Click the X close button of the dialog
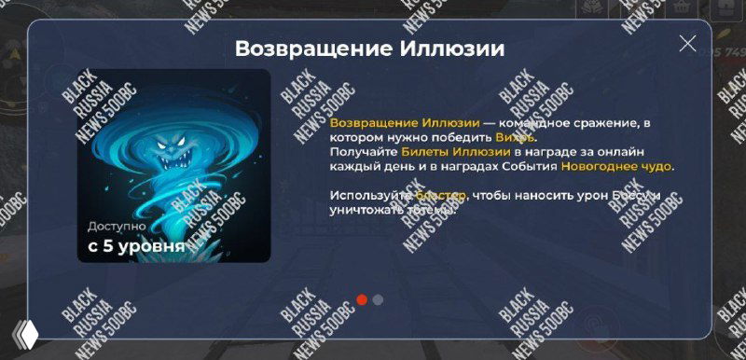[688, 43]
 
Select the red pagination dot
[362, 299]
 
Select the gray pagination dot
[378, 299]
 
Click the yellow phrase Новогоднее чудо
[615, 167]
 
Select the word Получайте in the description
[363, 152]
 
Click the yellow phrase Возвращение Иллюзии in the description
[405, 122]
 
